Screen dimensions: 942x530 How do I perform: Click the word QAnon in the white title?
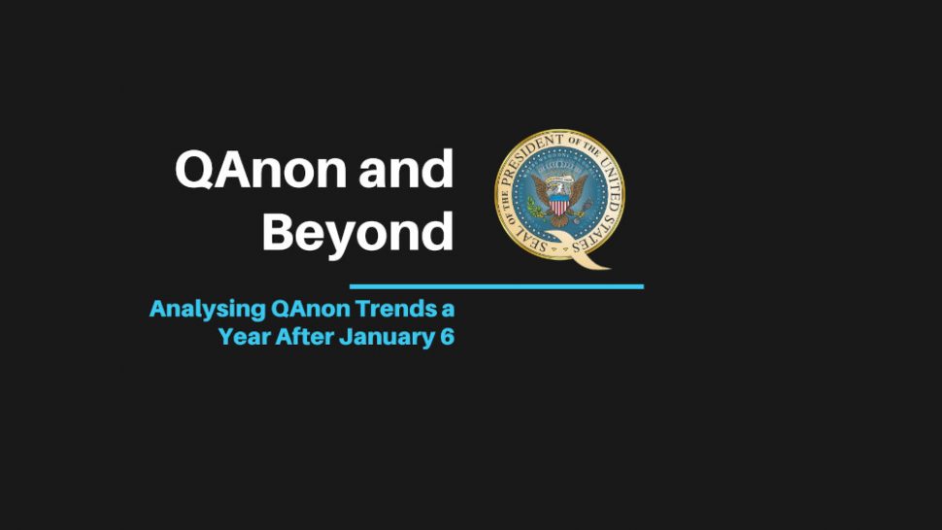point(260,169)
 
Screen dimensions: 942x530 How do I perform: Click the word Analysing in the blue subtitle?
point(207,310)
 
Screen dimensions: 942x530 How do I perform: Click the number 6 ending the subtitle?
point(447,336)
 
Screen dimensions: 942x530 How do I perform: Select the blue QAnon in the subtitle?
point(310,309)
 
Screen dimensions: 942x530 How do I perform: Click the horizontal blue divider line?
point(496,287)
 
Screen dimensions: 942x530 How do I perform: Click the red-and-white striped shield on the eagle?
point(559,205)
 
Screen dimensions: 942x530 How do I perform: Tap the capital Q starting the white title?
point(194,170)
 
